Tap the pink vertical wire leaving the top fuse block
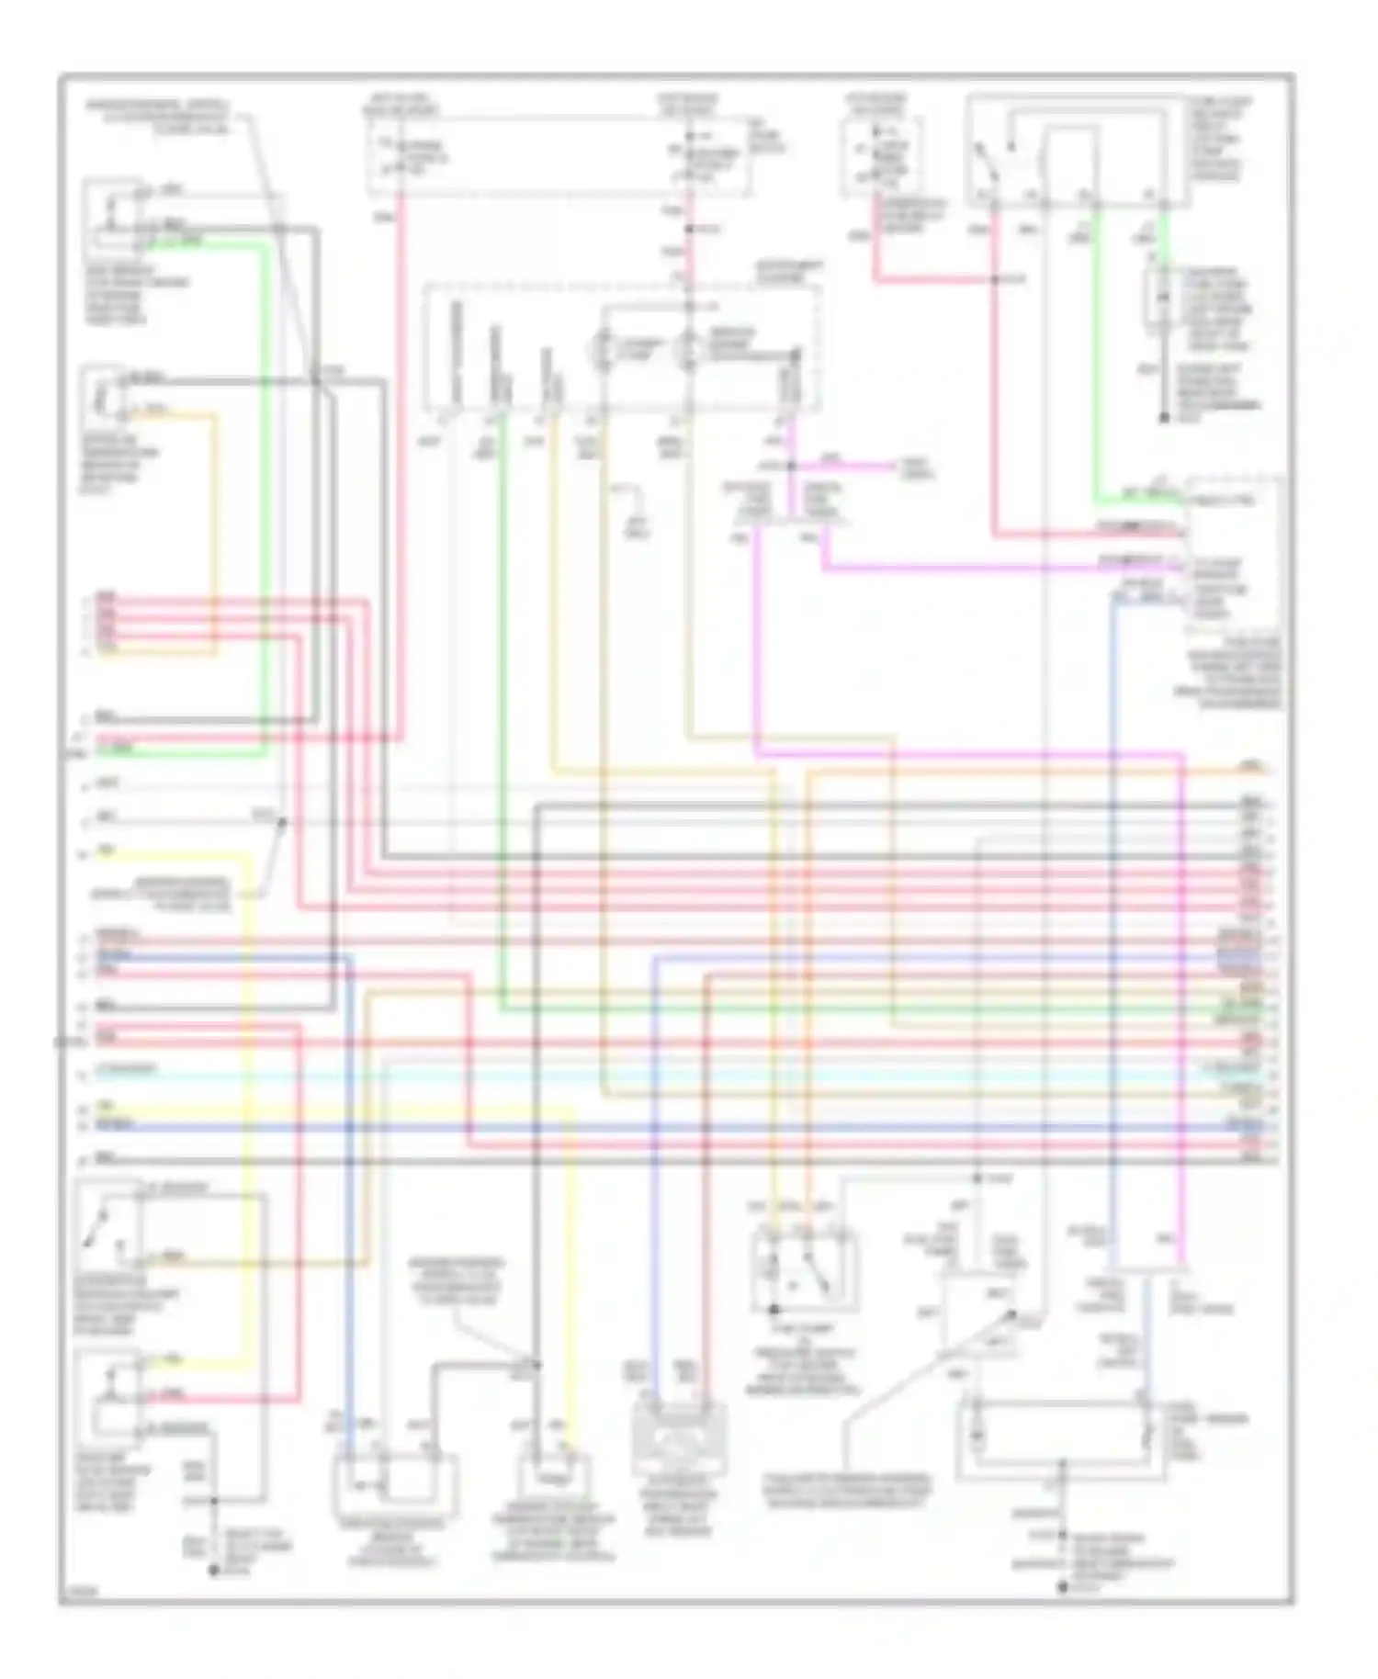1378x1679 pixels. coord(401,459)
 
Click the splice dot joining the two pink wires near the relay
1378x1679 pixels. coord(994,278)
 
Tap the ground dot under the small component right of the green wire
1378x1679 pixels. coord(1163,418)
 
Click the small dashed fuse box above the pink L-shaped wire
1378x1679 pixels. coord(880,156)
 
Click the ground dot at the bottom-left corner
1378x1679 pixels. coord(213,1571)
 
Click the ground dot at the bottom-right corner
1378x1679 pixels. coord(1063,1586)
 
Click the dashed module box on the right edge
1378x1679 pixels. coord(1233,555)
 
